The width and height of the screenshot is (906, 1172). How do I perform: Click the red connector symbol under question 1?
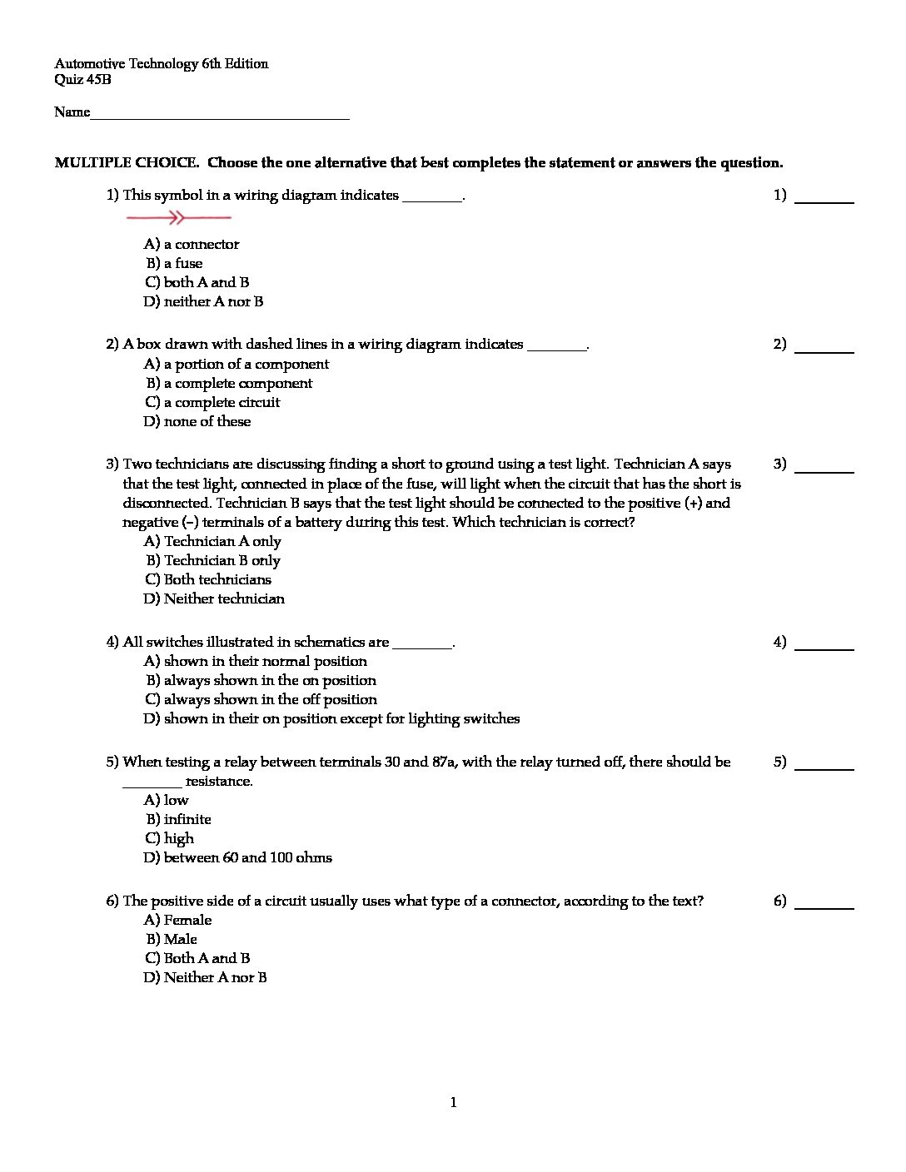178,218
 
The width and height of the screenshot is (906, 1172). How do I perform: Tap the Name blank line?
219,117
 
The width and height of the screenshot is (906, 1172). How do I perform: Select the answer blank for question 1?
824,200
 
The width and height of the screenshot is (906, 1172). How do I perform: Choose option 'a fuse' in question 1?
182,263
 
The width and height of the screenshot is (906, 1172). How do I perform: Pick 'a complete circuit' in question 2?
222,402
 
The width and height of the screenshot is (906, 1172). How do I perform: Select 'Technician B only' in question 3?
222,560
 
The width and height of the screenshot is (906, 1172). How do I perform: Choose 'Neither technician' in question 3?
223,598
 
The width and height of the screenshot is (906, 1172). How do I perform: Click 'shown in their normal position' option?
265,661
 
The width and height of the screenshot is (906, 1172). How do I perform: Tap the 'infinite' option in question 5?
187,819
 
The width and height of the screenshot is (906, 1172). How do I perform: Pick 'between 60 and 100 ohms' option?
247,857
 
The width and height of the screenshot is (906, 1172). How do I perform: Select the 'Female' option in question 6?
187,920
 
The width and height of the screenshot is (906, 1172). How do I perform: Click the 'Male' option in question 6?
180,939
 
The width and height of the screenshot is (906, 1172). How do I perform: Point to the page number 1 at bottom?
453,1103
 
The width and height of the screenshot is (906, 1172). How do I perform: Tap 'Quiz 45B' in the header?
82,80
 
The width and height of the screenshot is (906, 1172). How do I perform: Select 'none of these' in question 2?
207,421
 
